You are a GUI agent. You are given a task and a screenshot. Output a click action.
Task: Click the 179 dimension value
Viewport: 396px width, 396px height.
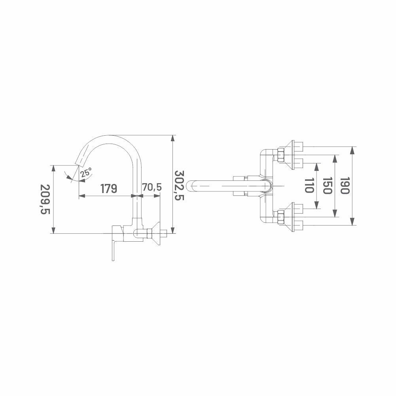tap(109, 188)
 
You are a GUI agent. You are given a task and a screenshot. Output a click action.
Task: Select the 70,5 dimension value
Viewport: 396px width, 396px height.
tap(152, 187)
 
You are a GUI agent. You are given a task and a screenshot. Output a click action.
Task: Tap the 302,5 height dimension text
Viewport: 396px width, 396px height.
tap(180, 186)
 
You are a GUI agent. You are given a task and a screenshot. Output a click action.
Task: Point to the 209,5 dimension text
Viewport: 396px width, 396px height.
tap(45, 199)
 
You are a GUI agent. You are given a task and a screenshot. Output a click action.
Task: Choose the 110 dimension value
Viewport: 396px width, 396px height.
tap(309, 186)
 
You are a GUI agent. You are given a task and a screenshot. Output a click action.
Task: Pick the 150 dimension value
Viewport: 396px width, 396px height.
tap(327, 186)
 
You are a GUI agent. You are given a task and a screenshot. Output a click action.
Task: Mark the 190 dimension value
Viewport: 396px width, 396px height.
tap(345, 186)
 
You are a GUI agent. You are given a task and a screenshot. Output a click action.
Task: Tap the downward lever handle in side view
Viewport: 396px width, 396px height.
tap(114, 250)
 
